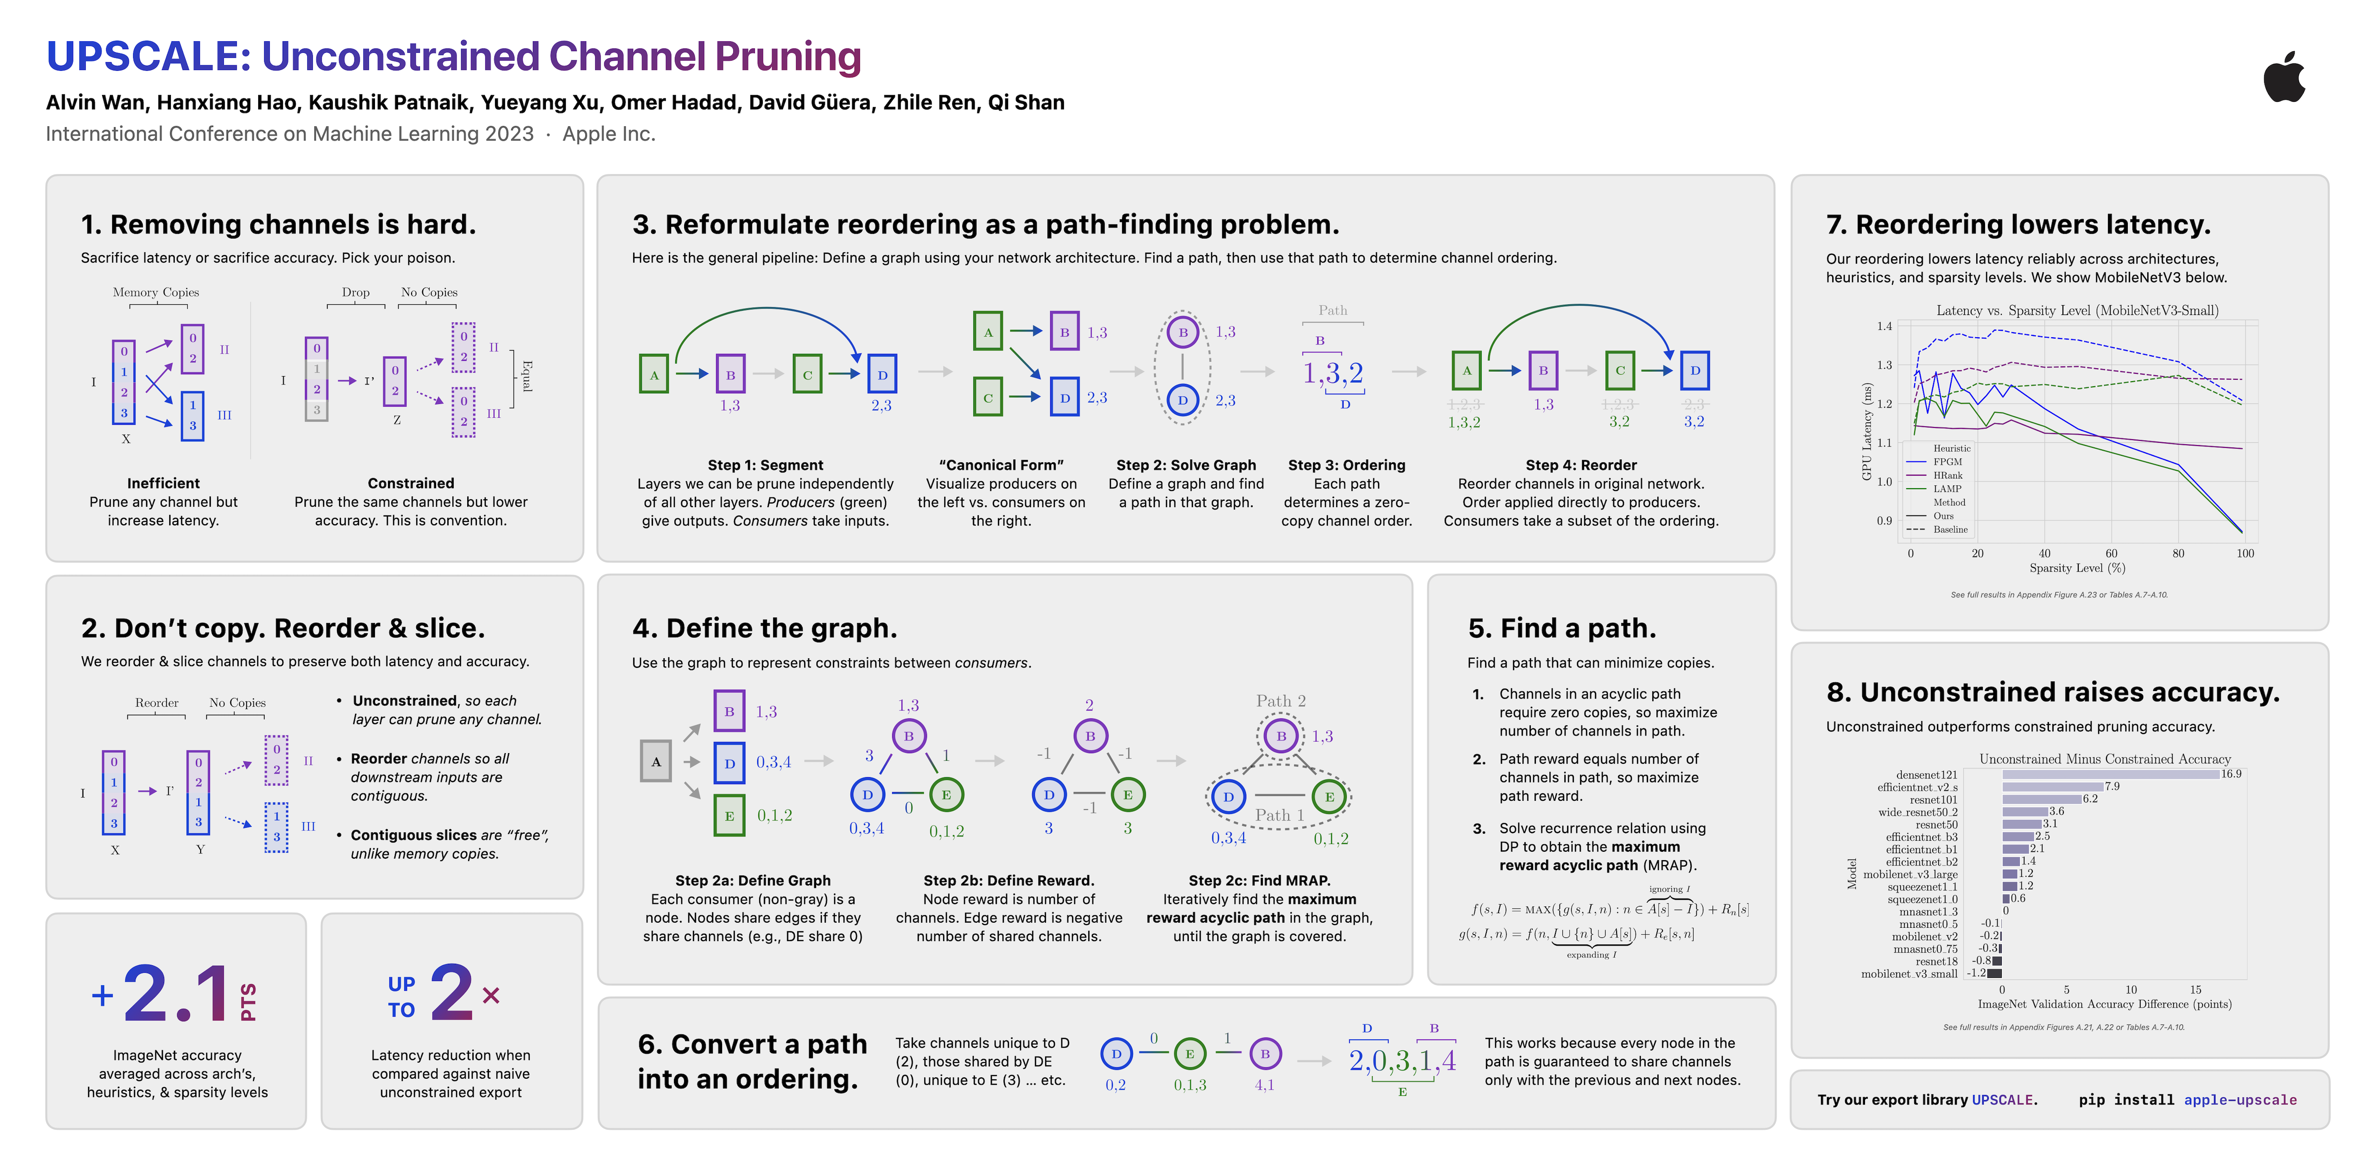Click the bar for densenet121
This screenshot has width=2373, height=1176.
(x=2110, y=774)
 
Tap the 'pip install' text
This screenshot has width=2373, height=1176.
(x=2126, y=1100)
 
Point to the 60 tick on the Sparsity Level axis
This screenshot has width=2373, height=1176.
(x=2111, y=553)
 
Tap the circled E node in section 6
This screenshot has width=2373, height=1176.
(x=1189, y=1054)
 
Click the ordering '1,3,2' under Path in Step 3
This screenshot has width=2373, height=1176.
(x=1332, y=373)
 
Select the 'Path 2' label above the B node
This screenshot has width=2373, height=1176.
(x=1281, y=701)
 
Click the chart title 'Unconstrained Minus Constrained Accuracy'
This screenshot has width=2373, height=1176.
(x=2105, y=759)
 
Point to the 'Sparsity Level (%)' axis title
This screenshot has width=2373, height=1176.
(x=2077, y=568)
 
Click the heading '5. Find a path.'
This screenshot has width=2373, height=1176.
(x=1561, y=628)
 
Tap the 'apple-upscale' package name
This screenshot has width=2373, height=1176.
(x=2240, y=1100)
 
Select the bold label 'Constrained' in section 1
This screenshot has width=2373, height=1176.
(x=411, y=484)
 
